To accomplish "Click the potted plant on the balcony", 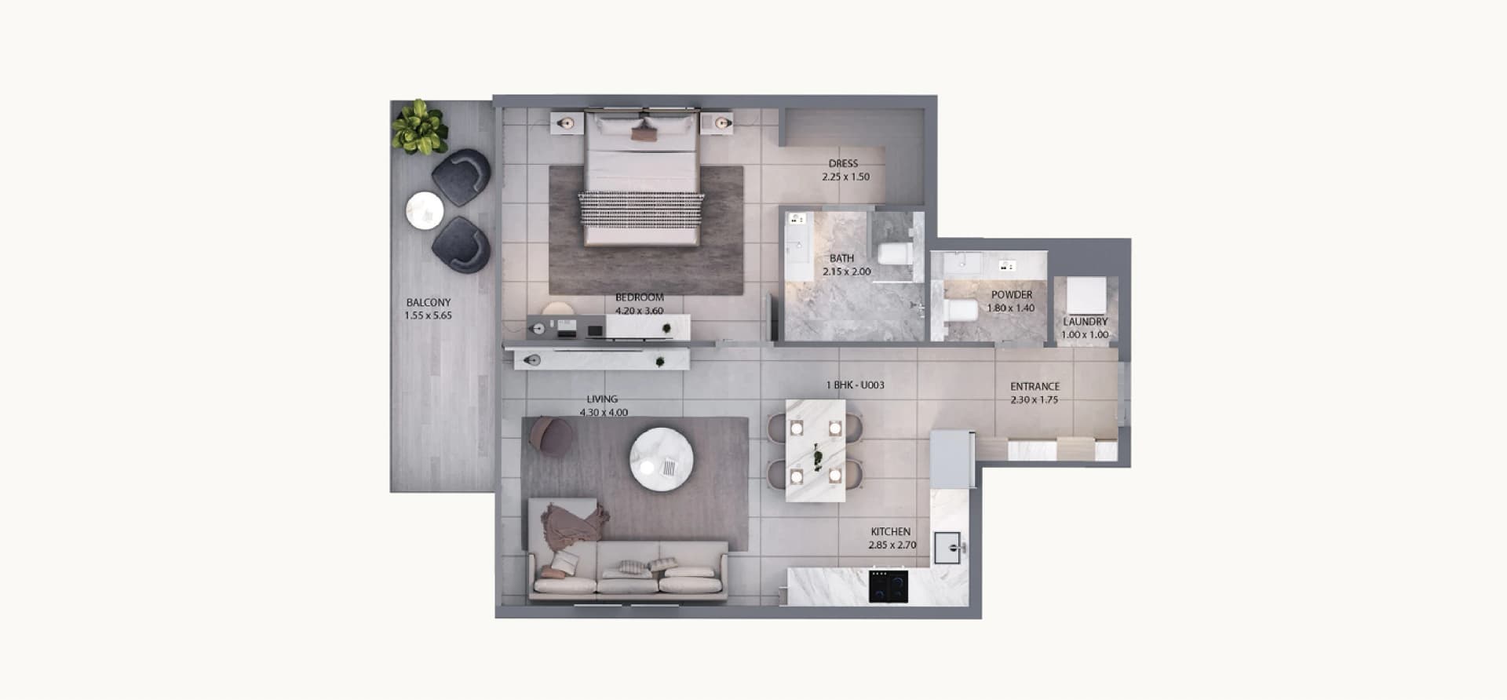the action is coord(420,127).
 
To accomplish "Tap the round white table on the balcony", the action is coord(425,210).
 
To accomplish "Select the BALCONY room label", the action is coord(429,302).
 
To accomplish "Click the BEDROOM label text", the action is coord(639,297).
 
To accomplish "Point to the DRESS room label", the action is coord(844,164).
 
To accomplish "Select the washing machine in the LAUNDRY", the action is coord(1086,295).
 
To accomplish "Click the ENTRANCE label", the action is coord(1034,386).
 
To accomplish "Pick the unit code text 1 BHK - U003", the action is coord(855,385).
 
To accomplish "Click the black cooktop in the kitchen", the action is coord(889,586).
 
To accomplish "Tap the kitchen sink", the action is coord(949,548).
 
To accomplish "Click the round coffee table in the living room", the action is coord(662,459).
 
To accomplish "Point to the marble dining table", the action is coord(816,450).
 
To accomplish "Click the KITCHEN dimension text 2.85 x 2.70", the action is coord(892,545).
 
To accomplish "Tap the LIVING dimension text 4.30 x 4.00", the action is coord(604,412).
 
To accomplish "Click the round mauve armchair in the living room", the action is coord(551,436).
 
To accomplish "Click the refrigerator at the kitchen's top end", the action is coord(952,459).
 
